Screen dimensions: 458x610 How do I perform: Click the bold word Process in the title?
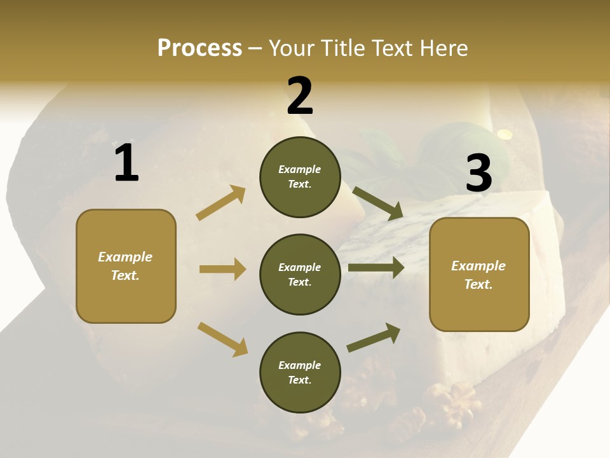[x=200, y=48]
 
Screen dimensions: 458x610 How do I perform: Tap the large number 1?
[x=126, y=163]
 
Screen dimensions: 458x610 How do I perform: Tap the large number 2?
[x=300, y=96]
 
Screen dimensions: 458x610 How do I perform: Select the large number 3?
[x=478, y=174]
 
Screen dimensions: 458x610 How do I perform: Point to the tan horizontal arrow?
[x=222, y=269]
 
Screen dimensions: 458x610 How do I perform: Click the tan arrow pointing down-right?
[x=222, y=339]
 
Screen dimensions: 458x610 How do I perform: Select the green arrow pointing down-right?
[x=378, y=203]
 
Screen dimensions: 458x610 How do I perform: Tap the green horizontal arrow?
[x=376, y=268]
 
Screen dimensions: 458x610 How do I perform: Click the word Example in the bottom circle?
[x=299, y=365]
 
